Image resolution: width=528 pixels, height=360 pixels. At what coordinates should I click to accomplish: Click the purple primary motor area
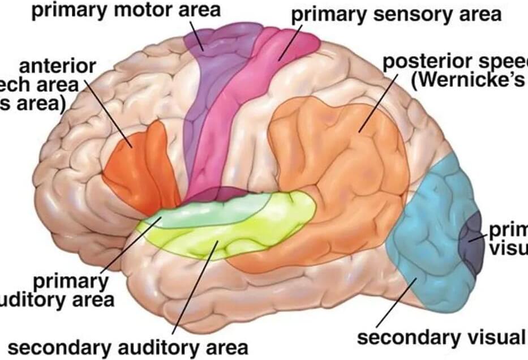tap(212, 85)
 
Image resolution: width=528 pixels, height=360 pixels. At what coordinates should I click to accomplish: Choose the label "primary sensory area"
tap(396, 14)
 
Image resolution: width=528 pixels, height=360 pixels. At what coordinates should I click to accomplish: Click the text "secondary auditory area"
tap(128, 346)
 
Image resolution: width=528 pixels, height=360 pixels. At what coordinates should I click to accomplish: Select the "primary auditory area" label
tap(71, 289)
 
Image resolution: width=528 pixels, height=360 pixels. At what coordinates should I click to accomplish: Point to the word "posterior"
tap(430, 61)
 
